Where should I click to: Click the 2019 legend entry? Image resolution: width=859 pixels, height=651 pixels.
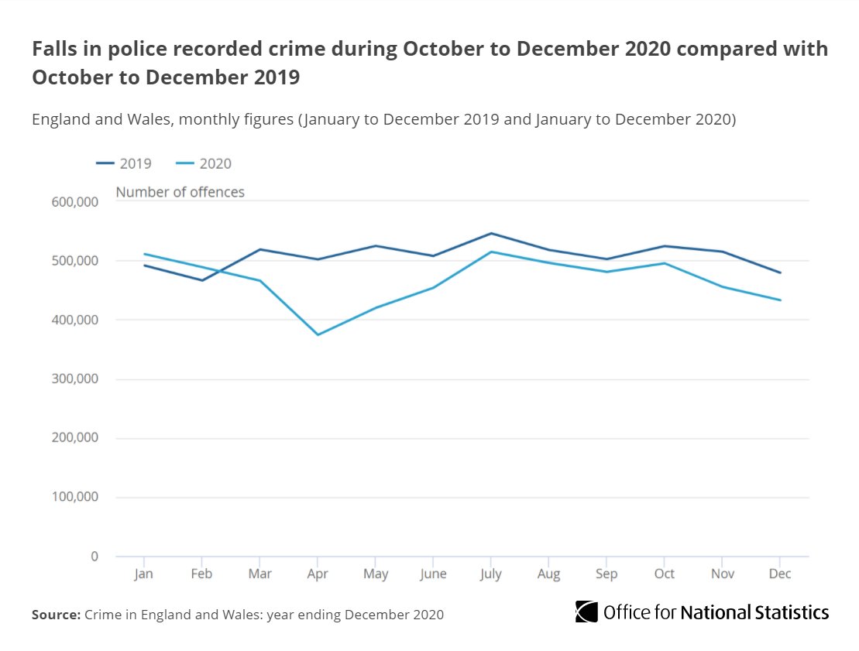tap(124, 163)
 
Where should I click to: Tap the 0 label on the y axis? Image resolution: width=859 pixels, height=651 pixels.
tap(94, 557)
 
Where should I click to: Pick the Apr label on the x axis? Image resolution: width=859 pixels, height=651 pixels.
tap(318, 574)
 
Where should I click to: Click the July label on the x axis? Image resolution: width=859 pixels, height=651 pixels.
tap(491, 574)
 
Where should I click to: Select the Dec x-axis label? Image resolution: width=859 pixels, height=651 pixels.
tap(780, 574)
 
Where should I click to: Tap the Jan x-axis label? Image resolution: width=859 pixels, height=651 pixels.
tap(144, 574)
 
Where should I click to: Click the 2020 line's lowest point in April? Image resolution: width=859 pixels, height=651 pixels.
tap(318, 334)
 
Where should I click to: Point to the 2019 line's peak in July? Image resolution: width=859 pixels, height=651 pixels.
tap(491, 233)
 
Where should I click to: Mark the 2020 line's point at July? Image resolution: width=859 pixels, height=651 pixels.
tap(491, 252)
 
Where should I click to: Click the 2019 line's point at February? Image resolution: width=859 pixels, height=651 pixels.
tap(202, 280)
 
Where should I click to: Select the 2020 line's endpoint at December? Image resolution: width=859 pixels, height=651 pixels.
tap(780, 300)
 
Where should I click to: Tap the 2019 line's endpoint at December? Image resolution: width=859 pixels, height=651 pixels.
tap(780, 272)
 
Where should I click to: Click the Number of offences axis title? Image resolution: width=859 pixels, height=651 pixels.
tap(180, 192)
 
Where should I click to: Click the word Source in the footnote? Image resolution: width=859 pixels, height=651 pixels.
tap(55, 615)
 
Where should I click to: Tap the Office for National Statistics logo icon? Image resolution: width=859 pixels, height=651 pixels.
tap(586, 612)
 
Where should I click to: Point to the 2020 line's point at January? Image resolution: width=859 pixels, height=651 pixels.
tap(144, 254)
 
